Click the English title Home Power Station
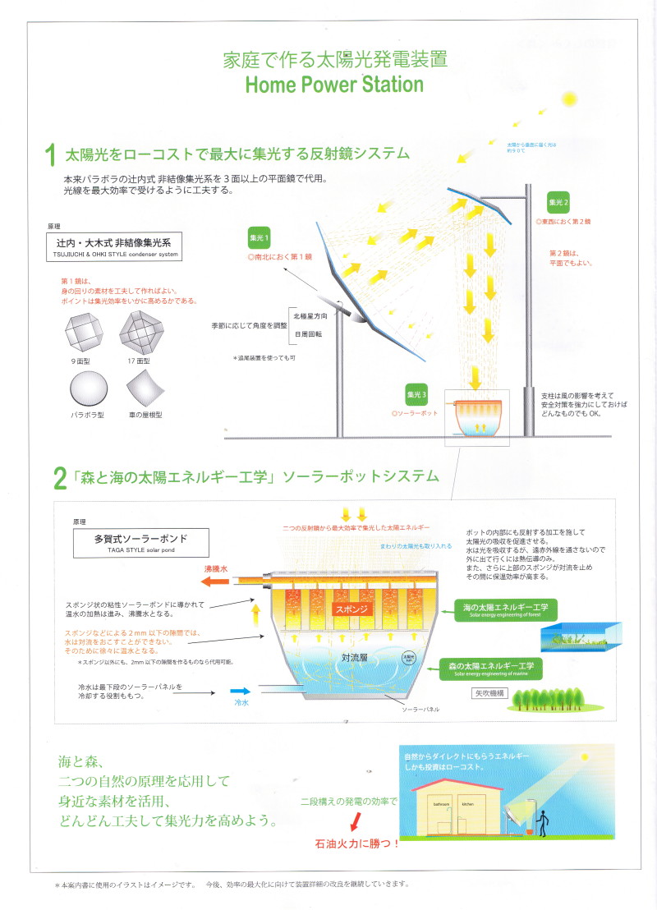point(333,85)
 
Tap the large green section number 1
point(50,155)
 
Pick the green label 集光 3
point(417,395)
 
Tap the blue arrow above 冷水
point(239,692)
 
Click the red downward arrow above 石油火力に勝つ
point(355,821)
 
